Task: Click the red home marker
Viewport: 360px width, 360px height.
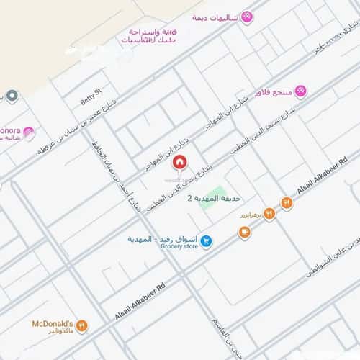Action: point(179,162)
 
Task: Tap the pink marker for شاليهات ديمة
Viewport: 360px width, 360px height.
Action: point(247,17)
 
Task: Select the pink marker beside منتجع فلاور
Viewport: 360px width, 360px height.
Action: point(300,91)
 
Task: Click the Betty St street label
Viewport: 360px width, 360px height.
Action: point(93,97)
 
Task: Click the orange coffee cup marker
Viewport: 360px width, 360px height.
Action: point(244,233)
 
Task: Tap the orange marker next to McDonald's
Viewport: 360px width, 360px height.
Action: point(81,325)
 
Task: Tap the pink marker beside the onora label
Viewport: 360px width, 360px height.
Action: point(29,132)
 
